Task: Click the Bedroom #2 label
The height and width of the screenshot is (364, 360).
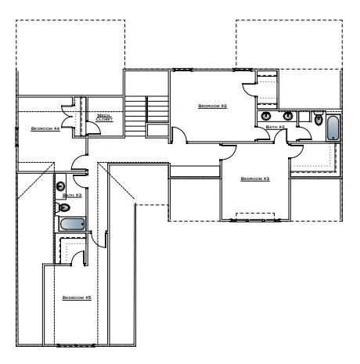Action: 212,106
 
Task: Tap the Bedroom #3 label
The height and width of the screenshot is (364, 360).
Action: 254,179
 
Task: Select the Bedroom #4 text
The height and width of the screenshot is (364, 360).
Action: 45,128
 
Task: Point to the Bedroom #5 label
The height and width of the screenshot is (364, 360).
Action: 77,298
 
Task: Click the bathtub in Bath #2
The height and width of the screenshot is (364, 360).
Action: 333,128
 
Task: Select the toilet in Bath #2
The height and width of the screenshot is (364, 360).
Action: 317,118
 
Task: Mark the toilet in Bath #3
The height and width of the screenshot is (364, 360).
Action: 64,207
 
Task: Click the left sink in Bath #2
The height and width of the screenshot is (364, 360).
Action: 270,117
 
